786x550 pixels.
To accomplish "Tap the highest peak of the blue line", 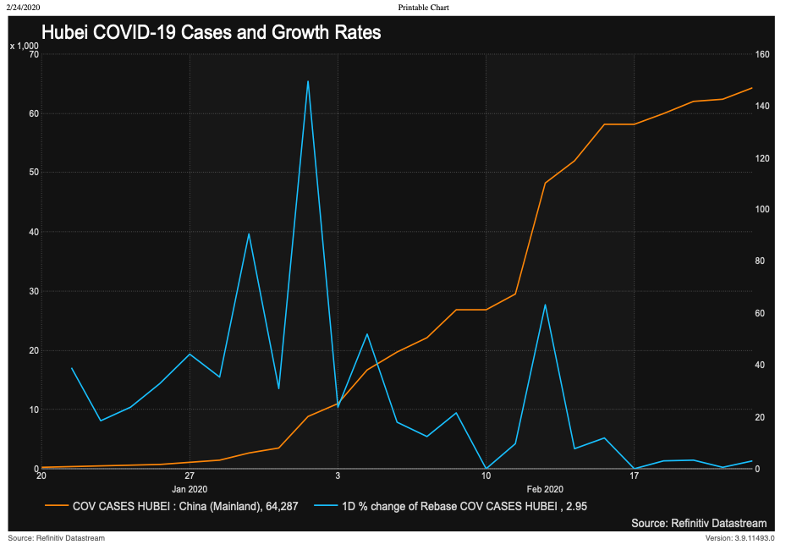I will point(307,81).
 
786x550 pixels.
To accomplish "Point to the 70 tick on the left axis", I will point(34,54).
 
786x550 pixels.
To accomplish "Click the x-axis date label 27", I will point(190,476).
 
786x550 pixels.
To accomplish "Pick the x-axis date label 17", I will point(634,476).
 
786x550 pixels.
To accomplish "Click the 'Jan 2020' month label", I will point(190,489).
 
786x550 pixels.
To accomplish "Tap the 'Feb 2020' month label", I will point(545,489).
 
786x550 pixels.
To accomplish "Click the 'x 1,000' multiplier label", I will point(24,46).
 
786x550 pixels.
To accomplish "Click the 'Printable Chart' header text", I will point(423,7).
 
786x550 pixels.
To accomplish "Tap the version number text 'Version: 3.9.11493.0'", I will point(739,538).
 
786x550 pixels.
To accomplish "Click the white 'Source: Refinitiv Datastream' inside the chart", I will point(699,524).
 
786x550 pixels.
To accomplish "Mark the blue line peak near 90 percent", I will point(249,234).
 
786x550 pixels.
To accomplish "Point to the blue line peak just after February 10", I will point(545,305).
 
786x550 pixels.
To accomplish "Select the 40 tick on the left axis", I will point(34,232).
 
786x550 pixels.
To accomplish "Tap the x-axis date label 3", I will point(338,476).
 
